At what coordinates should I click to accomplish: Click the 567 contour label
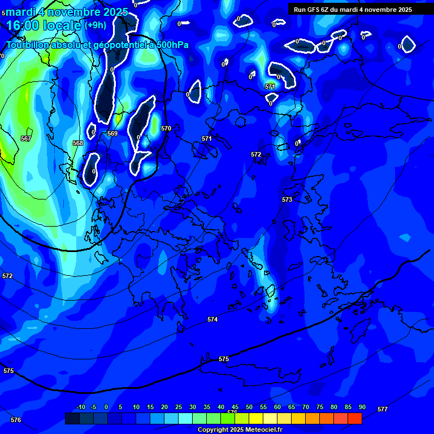pyautogui.click(x=26, y=138)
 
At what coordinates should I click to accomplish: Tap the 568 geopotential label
pyautogui.click(x=78, y=143)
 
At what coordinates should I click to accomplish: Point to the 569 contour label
pyautogui.click(x=112, y=133)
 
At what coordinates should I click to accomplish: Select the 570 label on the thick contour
pyautogui.click(x=166, y=128)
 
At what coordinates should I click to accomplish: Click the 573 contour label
pyautogui.click(x=287, y=199)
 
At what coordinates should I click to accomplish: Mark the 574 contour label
pyautogui.click(x=212, y=319)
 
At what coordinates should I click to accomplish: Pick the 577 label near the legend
pyautogui.click(x=383, y=409)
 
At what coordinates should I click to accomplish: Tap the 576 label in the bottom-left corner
pyautogui.click(x=16, y=420)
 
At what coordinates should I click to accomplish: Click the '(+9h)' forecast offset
pyautogui.click(x=95, y=25)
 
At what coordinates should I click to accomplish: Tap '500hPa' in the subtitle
pyautogui.click(x=173, y=45)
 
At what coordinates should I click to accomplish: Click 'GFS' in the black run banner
pyautogui.click(x=314, y=10)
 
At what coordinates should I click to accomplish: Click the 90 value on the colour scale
pyautogui.click(x=362, y=407)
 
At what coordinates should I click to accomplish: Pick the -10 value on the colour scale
pyautogui.click(x=80, y=407)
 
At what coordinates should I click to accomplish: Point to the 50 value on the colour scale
pyautogui.click(x=249, y=407)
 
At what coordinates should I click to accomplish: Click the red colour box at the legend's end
pyautogui.click(x=355, y=418)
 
